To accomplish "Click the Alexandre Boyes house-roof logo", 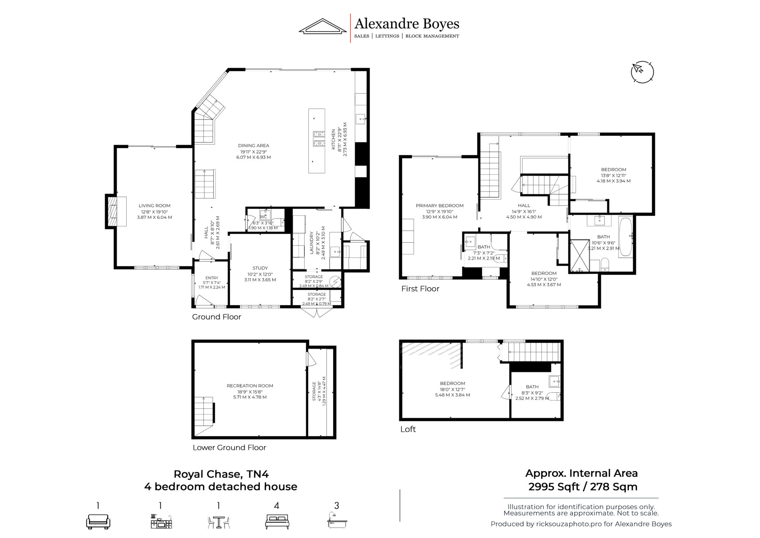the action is click(322, 26).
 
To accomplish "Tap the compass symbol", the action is click(642, 72).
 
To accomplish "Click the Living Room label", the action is click(154, 206).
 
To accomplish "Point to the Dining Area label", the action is click(253, 146).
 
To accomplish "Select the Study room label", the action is click(260, 268).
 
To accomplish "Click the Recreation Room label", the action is click(250, 386).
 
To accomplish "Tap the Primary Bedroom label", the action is click(440, 206).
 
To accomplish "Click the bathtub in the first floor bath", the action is click(625, 237).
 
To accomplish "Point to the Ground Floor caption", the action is click(217, 317).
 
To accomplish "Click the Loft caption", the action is click(408, 429).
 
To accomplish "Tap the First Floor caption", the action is click(420, 289).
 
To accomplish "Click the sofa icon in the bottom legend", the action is click(98, 521).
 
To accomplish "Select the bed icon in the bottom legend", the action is click(277, 522).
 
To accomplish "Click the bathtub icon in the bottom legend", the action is click(337, 520).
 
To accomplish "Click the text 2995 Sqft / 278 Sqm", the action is click(583, 487).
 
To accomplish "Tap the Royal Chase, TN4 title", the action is click(221, 474).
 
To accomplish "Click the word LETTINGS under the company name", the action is click(387, 36).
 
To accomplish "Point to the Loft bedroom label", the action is click(453, 384).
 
